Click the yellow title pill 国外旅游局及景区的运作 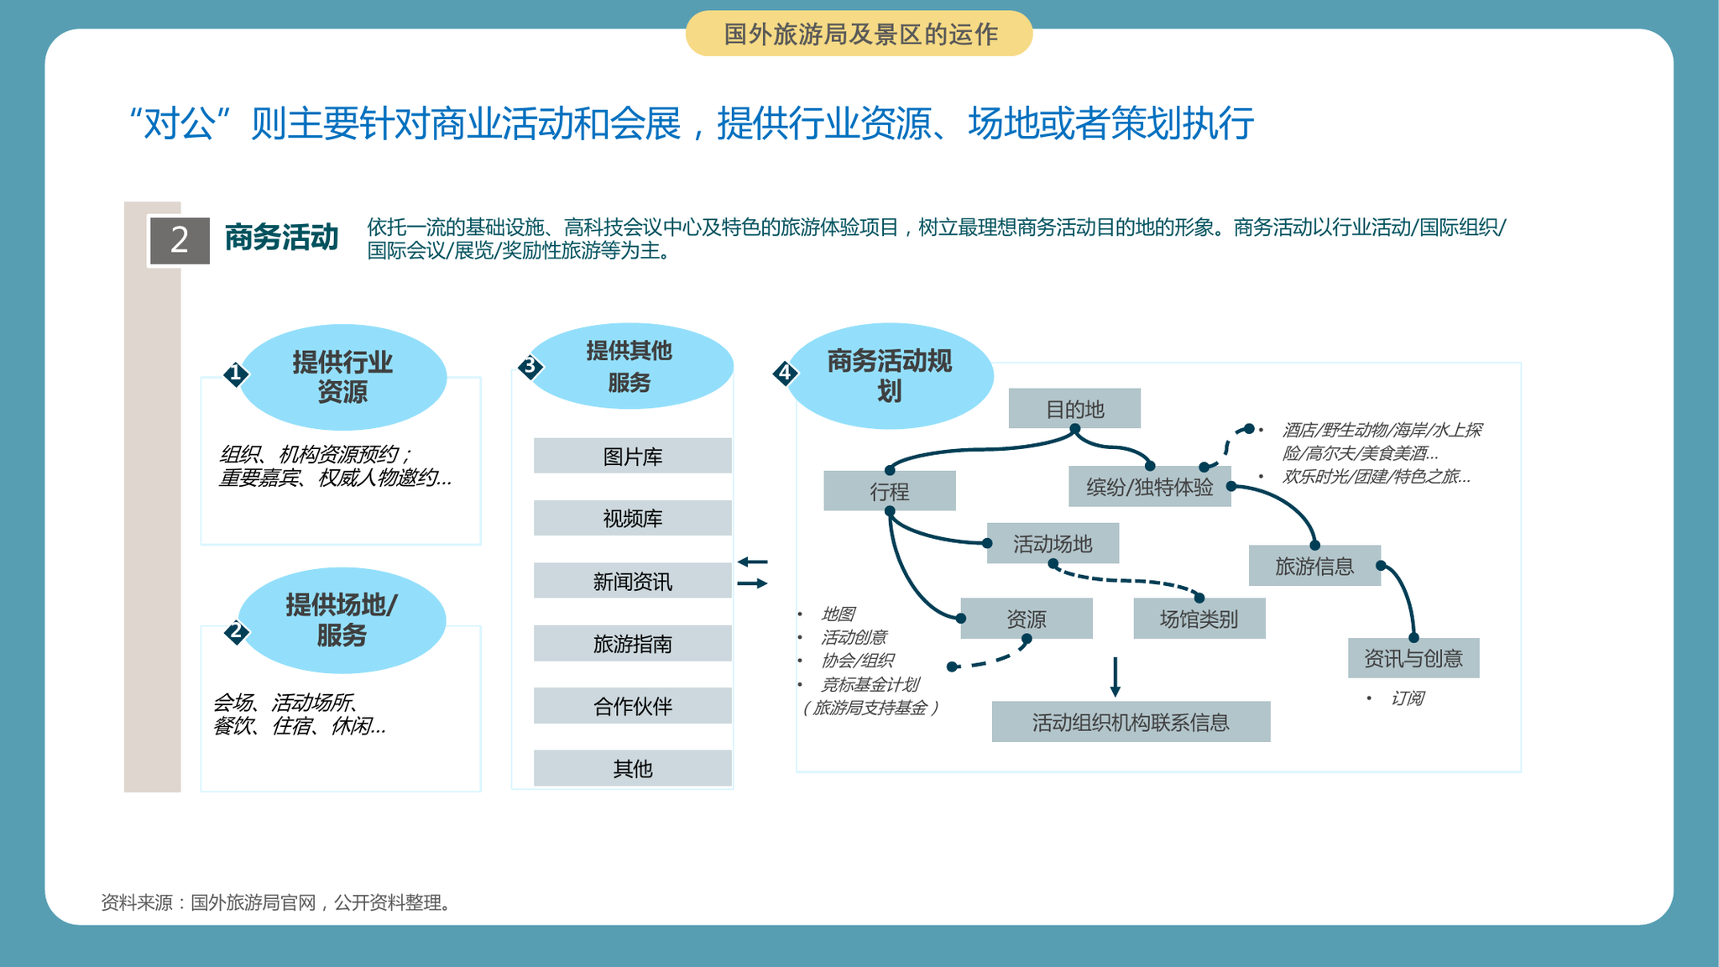click(859, 34)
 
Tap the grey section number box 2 click(180, 240)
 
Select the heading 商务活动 click(282, 238)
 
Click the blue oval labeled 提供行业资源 click(342, 377)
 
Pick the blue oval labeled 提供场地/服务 click(342, 620)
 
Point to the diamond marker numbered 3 click(530, 366)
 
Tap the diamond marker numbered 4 click(785, 373)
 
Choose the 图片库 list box click(633, 456)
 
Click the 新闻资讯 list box click(633, 581)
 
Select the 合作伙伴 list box click(633, 706)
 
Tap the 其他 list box click(633, 768)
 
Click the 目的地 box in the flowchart click(1074, 409)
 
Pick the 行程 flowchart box click(890, 491)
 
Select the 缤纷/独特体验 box click(1150, 487)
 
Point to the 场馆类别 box click(1199, 619)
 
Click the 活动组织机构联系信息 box click(1131, 722)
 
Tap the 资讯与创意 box click(1413, 658)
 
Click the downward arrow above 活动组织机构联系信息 click(1115, 677)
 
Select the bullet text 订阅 click(1408, 698)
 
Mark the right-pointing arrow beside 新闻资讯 click(752, 583)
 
